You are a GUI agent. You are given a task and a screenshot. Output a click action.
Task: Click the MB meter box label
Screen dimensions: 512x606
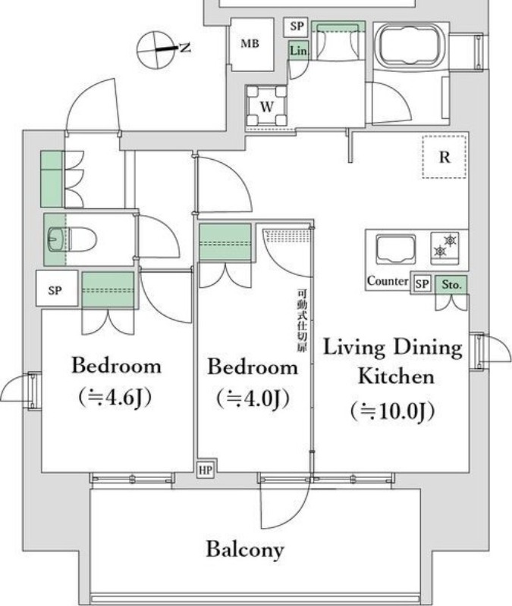(250, 44)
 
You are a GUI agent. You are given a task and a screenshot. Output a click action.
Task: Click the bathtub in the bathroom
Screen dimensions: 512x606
(411, 45)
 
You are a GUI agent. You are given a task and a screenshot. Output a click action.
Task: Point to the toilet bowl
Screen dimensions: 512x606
(71, 239)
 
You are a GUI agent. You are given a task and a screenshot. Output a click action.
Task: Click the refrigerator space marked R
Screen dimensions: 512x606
(444, 157)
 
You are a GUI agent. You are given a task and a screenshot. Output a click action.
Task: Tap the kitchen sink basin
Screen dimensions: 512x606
(396, 250)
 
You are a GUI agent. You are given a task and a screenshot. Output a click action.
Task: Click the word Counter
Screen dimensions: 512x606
(388, 281)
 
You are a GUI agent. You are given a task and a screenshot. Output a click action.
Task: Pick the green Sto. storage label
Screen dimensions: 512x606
(451, 285)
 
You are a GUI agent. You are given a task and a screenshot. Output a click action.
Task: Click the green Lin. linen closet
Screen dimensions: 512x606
(299, 51)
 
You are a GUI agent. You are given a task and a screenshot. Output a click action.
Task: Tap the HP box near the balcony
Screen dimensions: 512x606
(205, 470)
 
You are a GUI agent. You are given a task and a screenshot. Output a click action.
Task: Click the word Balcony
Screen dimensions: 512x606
(245, 550)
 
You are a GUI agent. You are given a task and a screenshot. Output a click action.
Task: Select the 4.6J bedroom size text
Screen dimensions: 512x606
(115, 397)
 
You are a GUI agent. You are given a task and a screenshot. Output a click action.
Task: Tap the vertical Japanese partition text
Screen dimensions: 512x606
(301, 320)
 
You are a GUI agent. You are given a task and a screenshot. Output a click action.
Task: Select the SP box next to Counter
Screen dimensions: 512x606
(422, 284)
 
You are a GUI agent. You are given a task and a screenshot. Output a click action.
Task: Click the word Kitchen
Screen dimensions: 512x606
(396, 376)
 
